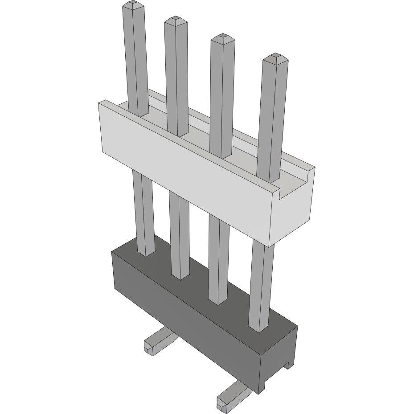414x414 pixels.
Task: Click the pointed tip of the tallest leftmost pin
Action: tap(133, 5)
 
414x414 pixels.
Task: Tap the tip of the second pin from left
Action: tap(175, 20)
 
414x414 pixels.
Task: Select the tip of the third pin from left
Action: tap(222, 38)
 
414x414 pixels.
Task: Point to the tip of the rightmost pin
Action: tap(275, 57)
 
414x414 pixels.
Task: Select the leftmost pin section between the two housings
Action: tap(143, 214)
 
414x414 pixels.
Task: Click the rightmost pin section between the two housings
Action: tap(261, 285)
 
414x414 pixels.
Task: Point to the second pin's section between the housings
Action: tap(180, 236)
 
